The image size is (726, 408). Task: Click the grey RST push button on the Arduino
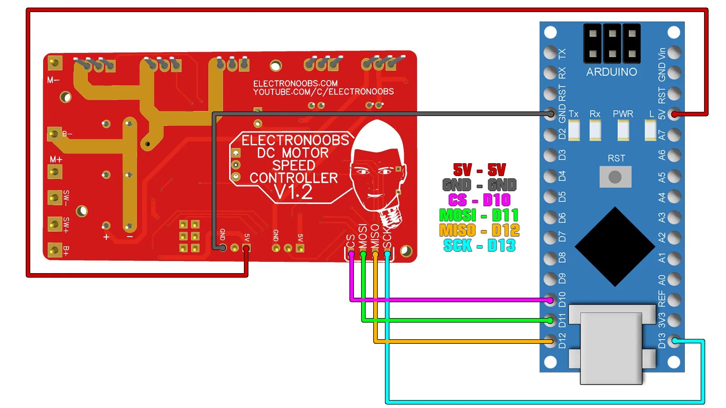click(x=615, y=177)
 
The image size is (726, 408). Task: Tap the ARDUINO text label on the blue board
click(x=611, y=72)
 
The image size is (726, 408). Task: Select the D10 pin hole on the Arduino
click(x=551, y=300)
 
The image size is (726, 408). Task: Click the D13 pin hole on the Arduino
click(x=674, y=340)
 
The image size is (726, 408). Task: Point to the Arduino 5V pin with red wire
click(x=674, y=114)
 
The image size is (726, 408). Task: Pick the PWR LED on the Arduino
click(x=623, y=130)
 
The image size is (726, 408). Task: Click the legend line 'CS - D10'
click(x=479, y=200)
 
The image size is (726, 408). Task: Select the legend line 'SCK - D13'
click(x=479, y=246)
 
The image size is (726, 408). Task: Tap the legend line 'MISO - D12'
click(x=479, y=230)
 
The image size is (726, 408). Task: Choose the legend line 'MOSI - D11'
click(x=479, y=215)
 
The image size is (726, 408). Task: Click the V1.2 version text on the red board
click(x=293, y=192)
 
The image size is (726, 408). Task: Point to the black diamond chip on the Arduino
click(x=615, y=246)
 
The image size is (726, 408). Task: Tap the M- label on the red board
click(x=53, y=80)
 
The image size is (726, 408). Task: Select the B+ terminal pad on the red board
click(x=54, y=250)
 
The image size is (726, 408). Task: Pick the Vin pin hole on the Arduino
click(x=674, y=53)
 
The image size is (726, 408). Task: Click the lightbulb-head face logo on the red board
click(x=377, y=170)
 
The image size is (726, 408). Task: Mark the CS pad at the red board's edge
click(x=351, y=254)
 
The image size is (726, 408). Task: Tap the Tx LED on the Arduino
click(x=574, y=130)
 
